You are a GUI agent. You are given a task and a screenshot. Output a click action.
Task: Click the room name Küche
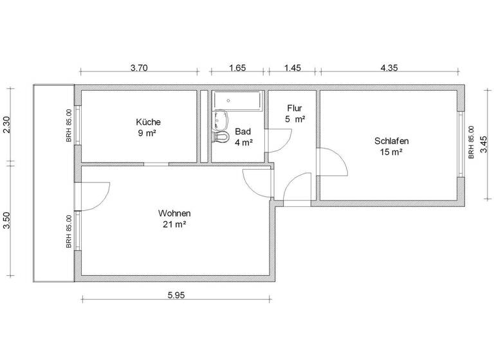(x=148, y=122)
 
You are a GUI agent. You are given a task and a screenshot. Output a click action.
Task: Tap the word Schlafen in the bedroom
(x=391, y=141)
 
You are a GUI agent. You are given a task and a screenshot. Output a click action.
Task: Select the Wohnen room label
(x=174, y=213)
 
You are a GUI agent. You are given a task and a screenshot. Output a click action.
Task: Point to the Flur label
(x=295, y=108)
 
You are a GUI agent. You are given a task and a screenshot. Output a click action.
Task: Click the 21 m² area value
(x=174, y=224)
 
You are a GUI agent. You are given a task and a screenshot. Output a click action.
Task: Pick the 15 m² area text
(x=391, y=152)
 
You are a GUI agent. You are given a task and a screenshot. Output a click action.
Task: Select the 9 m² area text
(x=148, y=133)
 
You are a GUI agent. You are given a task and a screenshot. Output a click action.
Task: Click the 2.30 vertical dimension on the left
(x=7, y=124)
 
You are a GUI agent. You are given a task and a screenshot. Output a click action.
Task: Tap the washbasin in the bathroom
(x=221, y=118)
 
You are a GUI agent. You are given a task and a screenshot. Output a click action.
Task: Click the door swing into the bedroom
(x=333, y=163)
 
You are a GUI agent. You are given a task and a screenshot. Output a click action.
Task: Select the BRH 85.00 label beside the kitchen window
(x=68, y=125)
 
